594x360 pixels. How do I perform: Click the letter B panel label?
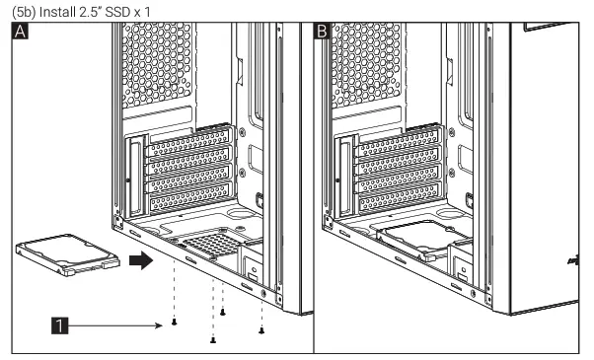coord(322,33)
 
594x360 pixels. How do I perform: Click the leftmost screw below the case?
coord(175,323)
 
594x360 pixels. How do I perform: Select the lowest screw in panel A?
coord(214,340)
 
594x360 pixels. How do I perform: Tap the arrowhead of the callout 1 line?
coord(161,322)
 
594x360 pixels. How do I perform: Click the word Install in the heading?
coord(52,9)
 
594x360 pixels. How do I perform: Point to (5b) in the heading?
coord(16,9)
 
